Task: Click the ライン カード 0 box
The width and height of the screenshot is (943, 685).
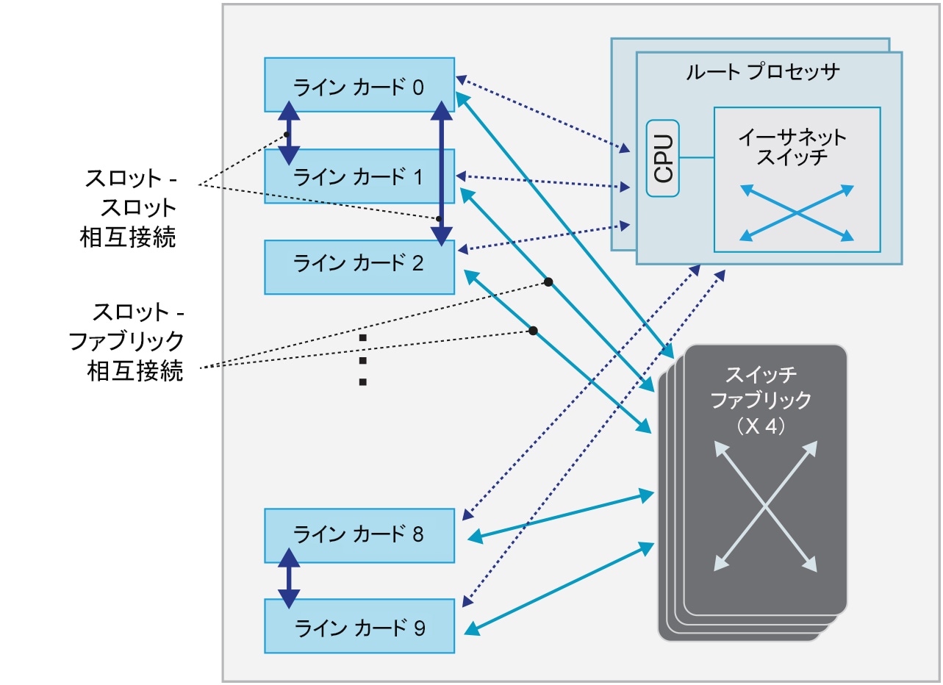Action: pos(359,85)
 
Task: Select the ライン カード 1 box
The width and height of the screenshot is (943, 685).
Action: pos(359,176)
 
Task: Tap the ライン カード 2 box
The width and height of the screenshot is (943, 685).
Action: pos(359,267)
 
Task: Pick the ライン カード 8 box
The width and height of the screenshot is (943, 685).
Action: pos(359,534)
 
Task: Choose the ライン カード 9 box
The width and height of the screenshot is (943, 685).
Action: pos(359,626)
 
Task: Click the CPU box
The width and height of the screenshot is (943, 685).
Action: pos(663,158)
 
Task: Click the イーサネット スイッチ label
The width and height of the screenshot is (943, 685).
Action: pos(793,147)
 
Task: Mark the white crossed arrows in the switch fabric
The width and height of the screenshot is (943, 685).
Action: pos(766,506)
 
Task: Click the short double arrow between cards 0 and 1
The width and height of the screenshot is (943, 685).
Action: pos(289,132)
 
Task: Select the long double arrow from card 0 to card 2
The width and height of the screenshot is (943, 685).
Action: pos(441,173)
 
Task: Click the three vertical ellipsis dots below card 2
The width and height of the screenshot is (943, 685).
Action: pos(362,360)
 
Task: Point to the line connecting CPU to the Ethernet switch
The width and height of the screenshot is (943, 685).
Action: pos(697,158)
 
